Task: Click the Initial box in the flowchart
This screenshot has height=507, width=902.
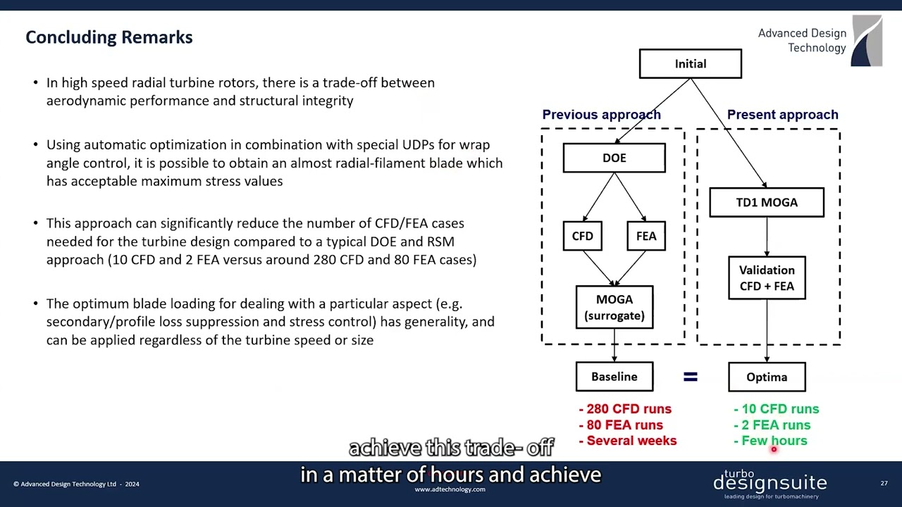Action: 690,63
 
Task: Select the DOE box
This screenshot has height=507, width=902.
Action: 614,158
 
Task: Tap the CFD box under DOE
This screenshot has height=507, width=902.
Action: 582,236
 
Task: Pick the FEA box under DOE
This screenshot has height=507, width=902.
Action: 645,236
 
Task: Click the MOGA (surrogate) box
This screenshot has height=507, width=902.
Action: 614,307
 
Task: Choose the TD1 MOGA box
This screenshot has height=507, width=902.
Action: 767,202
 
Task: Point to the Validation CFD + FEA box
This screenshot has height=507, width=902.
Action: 767,277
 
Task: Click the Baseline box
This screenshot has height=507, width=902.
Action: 614,377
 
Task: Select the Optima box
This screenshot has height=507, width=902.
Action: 767,377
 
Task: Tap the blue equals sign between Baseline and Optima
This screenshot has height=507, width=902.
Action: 691,377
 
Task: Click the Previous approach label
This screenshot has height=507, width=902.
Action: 601,114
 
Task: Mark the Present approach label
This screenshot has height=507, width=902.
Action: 782,114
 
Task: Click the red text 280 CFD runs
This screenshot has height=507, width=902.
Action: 625,408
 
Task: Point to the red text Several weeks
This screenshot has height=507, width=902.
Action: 627,441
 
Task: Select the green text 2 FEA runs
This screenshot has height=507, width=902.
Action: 772,425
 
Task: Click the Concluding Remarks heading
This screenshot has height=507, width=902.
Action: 109,37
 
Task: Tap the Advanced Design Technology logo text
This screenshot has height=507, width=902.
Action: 802,41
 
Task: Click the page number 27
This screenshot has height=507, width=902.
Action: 884,484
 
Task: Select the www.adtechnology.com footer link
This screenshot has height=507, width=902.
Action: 450,489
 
